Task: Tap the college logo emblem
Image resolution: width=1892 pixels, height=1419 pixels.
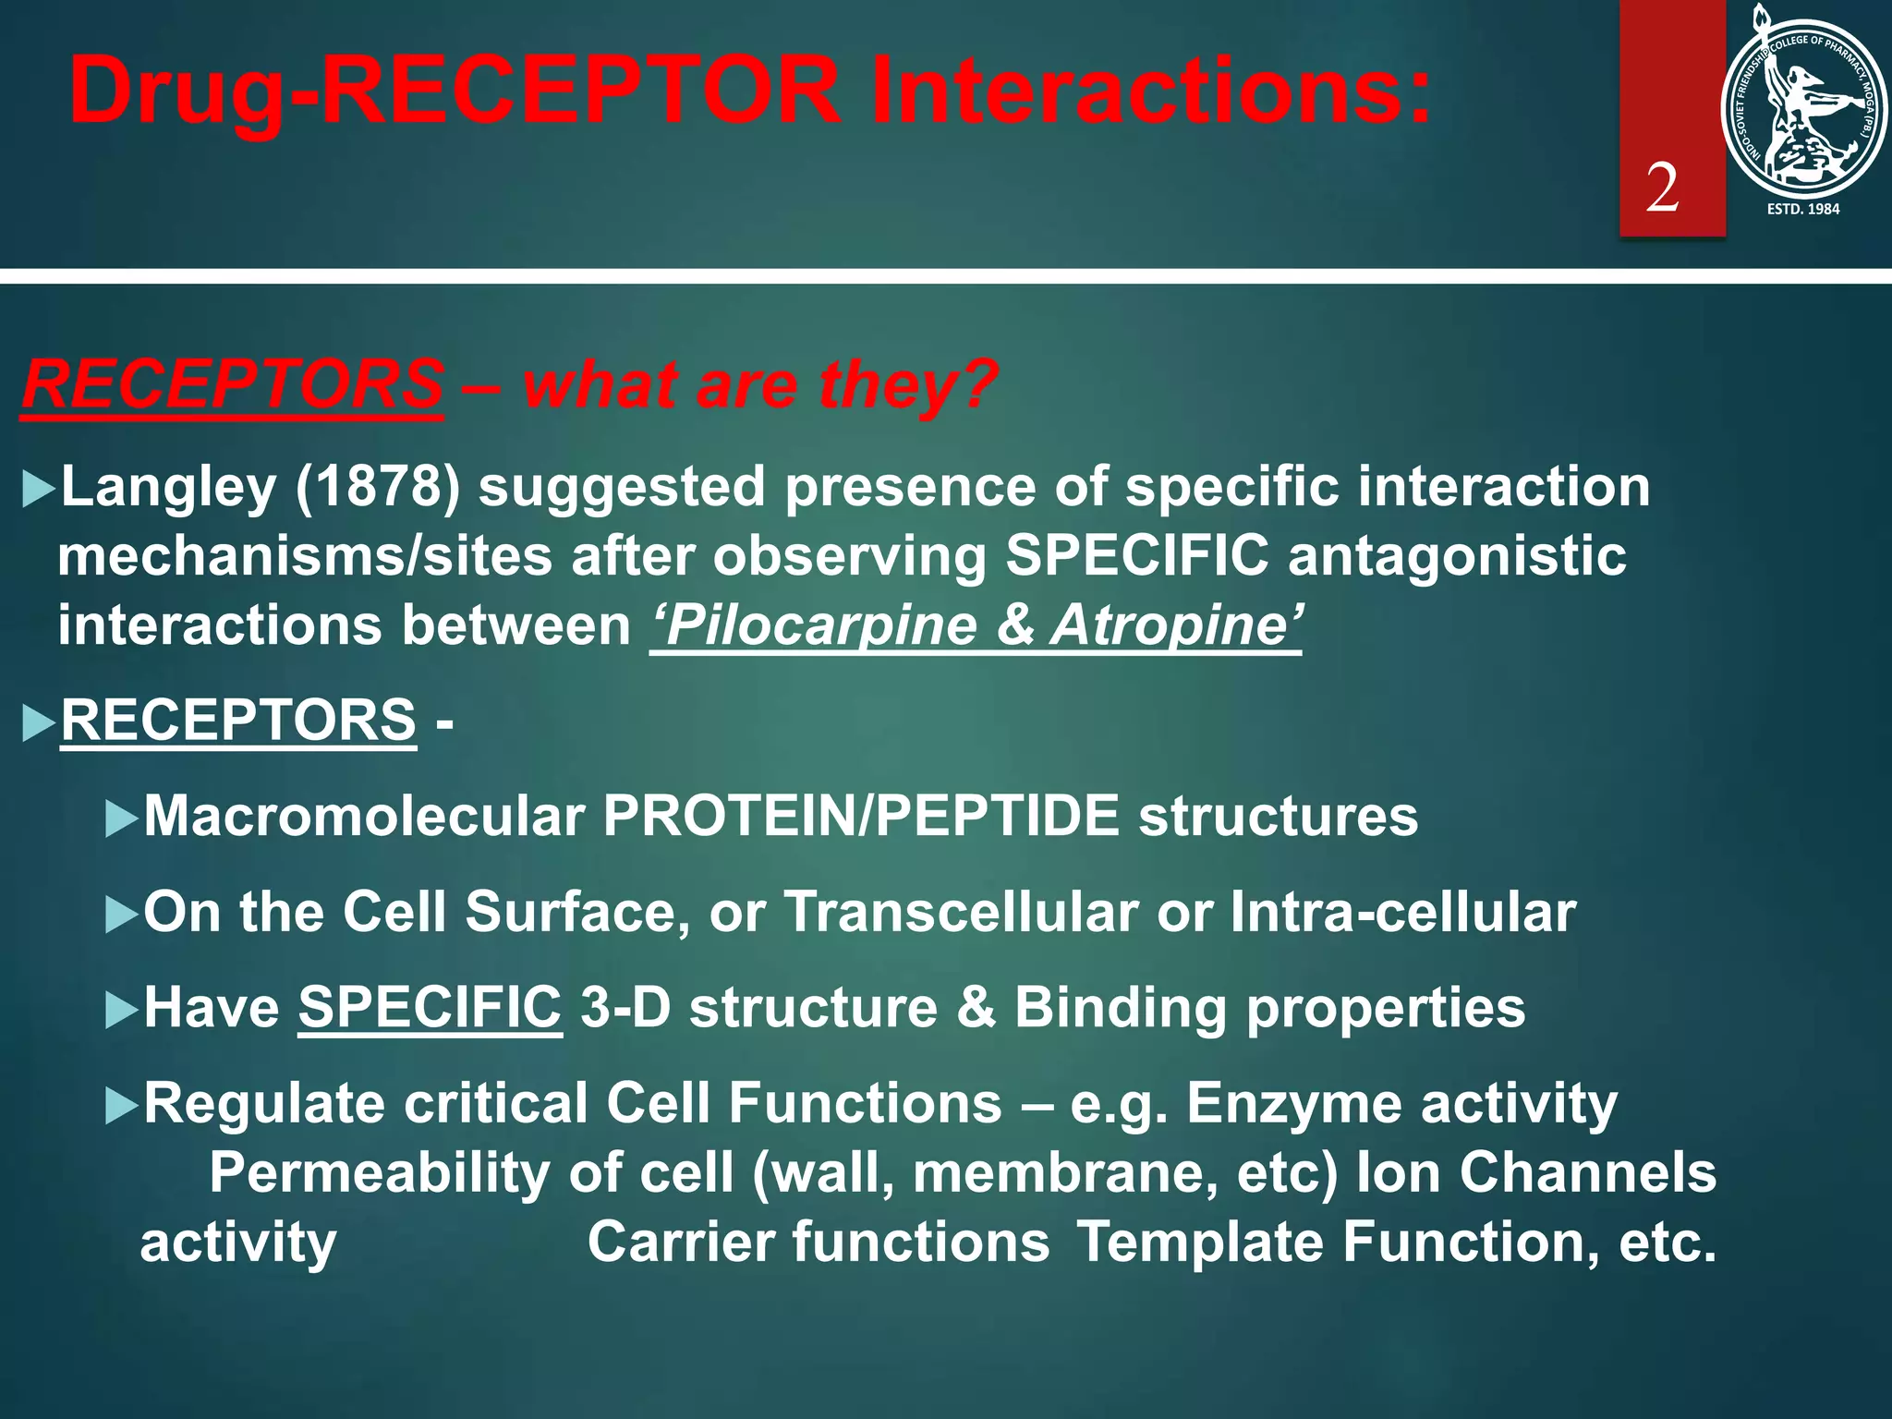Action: tap(1803, 106)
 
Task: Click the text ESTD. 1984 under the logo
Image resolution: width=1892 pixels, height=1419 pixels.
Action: tap(1802, 210)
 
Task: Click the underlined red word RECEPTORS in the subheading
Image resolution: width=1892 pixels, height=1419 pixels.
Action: tap(233, 385)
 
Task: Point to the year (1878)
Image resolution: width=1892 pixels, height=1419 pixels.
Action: tap(377, 487)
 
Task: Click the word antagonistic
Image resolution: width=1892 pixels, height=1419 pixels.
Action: tap(1456, 556)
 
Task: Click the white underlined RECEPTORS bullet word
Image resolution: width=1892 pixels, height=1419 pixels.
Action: tap(238, 720)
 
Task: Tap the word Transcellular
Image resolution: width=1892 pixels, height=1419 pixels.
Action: tap(961, 913)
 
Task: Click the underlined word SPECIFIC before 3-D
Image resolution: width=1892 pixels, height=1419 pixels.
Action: tap(430, 1008)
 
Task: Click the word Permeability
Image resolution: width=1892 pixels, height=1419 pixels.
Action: tap(380, 1173)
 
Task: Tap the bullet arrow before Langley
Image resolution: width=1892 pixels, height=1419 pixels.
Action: tap(38, 489)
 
